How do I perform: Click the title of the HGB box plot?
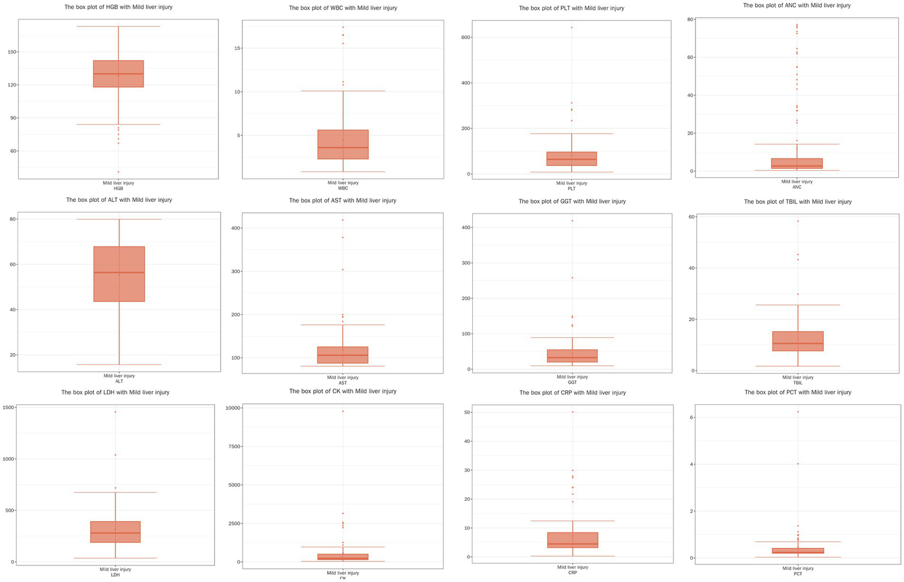point(118,7)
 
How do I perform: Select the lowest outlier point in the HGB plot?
point(118,172)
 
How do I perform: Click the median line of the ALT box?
point(119,272)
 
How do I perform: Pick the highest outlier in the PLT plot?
point(571,28)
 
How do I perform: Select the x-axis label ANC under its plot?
point(797,187)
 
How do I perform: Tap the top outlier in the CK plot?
point(343,411)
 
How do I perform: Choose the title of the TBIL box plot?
point(797,202)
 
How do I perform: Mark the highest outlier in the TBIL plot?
point(798,221)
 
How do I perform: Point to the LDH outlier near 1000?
point(115,455)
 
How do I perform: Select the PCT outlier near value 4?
point(798,464)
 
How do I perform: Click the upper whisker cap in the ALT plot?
point(119,220)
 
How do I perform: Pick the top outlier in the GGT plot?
point(572,221)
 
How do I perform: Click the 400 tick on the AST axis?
point(234,228)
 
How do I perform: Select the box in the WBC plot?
point(343,144)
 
